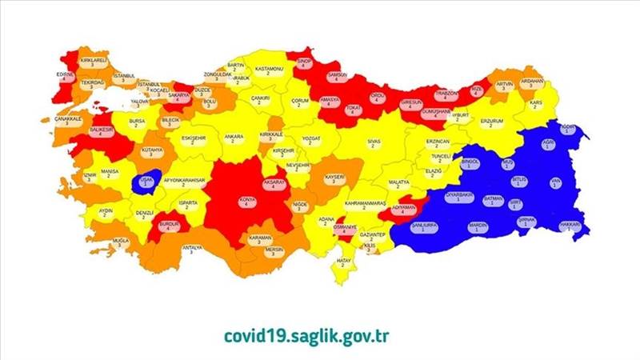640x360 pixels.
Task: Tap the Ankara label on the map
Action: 234,138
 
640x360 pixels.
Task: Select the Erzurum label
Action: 491,122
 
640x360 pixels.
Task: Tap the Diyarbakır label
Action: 458,195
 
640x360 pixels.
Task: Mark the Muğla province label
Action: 121,241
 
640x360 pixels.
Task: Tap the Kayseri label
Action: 334,178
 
